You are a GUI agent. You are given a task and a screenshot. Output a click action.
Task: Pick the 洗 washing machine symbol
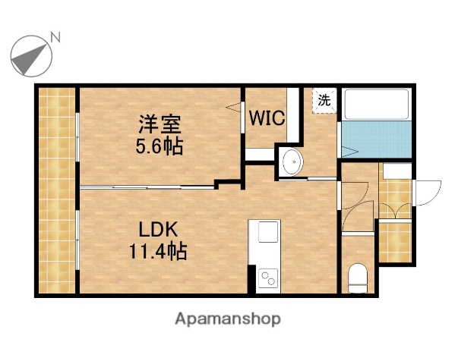pos(324,99)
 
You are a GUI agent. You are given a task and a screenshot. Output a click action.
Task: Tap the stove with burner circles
pos(268,278)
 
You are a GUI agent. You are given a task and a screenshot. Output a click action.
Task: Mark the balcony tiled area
pos(57,190)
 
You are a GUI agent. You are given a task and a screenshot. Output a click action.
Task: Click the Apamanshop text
pos(228,319)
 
